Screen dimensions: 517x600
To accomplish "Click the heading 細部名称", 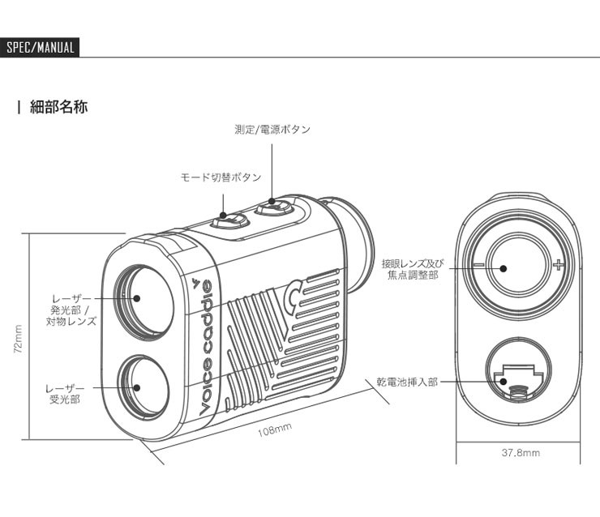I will point(58,106).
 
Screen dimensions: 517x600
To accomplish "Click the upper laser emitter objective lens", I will point(139,296).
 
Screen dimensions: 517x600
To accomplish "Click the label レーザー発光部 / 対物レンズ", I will point(71,310).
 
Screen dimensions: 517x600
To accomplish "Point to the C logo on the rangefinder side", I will point(297,296).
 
